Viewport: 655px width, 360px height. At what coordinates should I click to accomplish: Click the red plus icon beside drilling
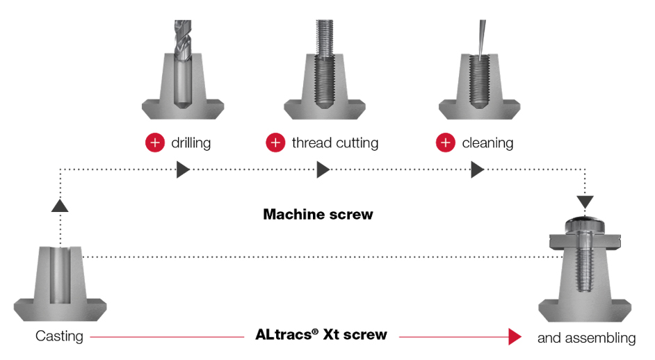[x=155, y=143]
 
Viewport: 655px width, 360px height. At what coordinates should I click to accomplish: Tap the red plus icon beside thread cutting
[x=276, y=143]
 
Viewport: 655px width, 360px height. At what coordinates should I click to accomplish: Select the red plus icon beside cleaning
[x=446, y=143]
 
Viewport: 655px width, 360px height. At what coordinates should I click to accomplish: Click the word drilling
[x=191, y=143]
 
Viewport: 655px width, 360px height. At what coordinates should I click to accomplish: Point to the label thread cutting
[x=335, y=143]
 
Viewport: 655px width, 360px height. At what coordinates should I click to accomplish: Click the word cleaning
[x=487, y=143]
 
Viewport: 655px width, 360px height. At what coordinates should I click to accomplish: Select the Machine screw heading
[x=318, y=214]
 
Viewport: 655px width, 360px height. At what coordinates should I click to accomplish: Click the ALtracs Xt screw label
[x=321, y=334]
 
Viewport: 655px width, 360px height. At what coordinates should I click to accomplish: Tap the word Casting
[x=59, y=336]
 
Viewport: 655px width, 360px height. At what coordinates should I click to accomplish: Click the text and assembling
[x=586, y=338]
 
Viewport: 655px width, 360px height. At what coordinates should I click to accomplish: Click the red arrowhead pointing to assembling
[x=515, y=336]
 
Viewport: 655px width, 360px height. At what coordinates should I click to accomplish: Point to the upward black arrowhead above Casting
[x=60, y=206]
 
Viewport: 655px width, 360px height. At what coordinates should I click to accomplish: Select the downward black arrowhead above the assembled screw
[x=585, y=202]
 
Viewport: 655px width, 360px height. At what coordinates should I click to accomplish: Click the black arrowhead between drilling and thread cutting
[x=323, y=170]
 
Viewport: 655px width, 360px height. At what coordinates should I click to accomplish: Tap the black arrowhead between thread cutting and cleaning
[x=478, y=170]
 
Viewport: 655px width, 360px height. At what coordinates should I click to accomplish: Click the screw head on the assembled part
[x=585, y=225]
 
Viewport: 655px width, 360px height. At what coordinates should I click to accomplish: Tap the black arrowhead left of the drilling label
[x=183, y=170]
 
